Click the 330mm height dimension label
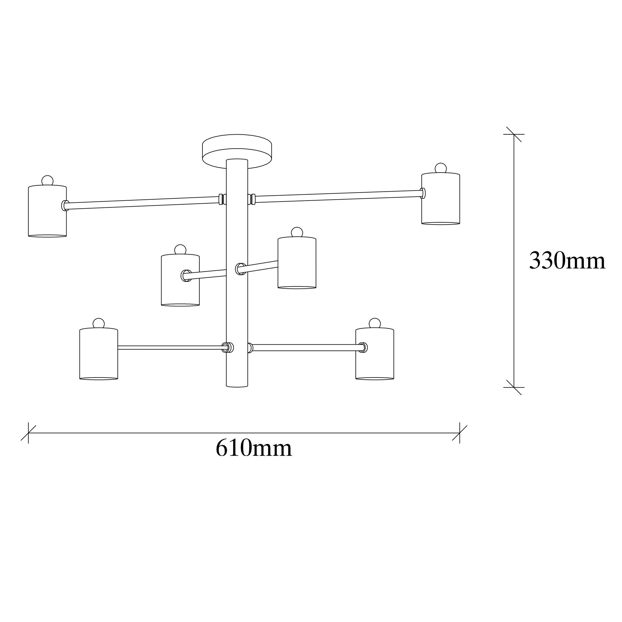click(x=567, y=261)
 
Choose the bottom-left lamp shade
click(x=99, y=354)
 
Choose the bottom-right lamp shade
click(x=374, y=354)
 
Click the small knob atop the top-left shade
click(x=47, y=181)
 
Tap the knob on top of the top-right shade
click(x=440, y=168)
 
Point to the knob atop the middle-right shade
click(x=297, y=232)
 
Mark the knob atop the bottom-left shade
click(x=99, y=323)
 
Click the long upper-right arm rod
click(x=338, y=196)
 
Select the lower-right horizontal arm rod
click(x=306, y=347)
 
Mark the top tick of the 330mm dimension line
click(x=513, y=134)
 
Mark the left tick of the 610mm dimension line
click(x=28, y=433)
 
